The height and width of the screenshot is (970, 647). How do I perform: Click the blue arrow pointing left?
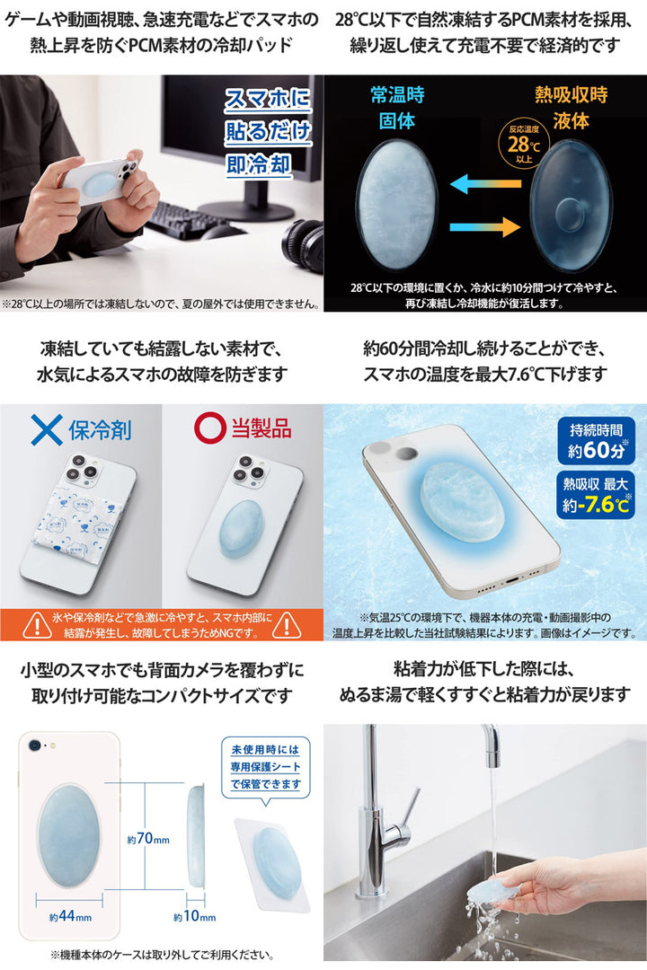(485, 184)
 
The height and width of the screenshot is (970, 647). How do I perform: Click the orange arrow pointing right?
(485, 227)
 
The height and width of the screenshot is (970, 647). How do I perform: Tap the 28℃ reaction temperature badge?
(524, 145)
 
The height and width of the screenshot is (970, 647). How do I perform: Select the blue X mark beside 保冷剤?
(47, 429)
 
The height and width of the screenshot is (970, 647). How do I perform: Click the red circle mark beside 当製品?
(210, 428)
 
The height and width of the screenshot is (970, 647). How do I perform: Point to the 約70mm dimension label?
(148, 839)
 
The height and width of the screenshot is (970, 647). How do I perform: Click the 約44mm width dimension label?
(70, 916)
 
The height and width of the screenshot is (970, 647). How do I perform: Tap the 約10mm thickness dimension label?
(194, 916)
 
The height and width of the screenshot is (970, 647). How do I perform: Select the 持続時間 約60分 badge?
(596, 440)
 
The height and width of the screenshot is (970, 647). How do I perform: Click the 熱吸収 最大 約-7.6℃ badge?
(596, 495)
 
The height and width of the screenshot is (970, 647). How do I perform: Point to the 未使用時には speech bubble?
(266, 768)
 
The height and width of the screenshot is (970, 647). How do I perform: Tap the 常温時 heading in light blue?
(397, 94)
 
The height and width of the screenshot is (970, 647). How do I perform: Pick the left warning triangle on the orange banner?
(37, 625)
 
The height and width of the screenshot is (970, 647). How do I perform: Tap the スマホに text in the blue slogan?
(268, 99)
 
